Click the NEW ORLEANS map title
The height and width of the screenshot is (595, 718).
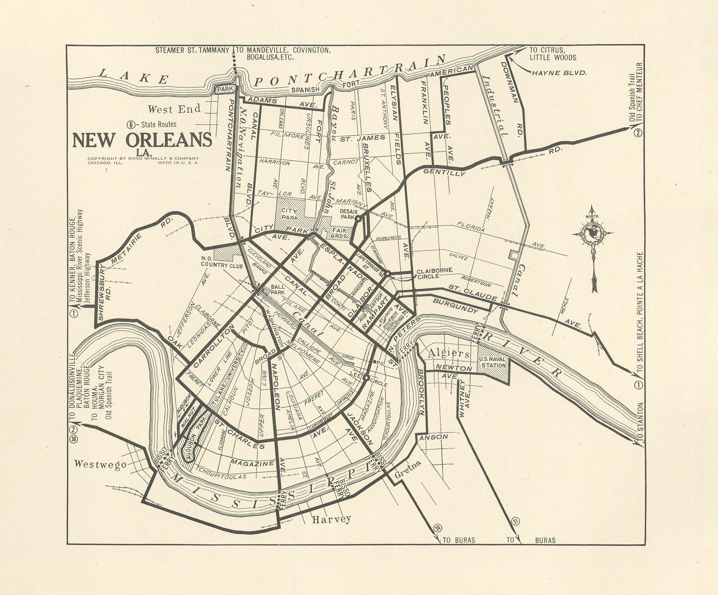tap(142, 140)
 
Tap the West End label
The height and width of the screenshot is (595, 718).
tap(174, 109)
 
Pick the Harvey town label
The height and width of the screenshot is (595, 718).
tap(331, 519)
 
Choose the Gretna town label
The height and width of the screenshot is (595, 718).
tap(408, 469)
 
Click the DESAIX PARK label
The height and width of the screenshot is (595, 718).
tap(346, 214)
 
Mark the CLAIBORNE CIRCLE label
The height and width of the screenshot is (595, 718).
tap(434, 273)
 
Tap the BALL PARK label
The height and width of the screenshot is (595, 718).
tap(278, 290)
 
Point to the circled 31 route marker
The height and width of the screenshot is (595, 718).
tap(516, 522)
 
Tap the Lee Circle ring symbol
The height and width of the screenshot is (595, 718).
tap(366, 378)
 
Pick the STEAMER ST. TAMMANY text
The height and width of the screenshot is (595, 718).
tap(192, 50)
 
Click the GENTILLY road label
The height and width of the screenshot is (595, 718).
tap(444, 172)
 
